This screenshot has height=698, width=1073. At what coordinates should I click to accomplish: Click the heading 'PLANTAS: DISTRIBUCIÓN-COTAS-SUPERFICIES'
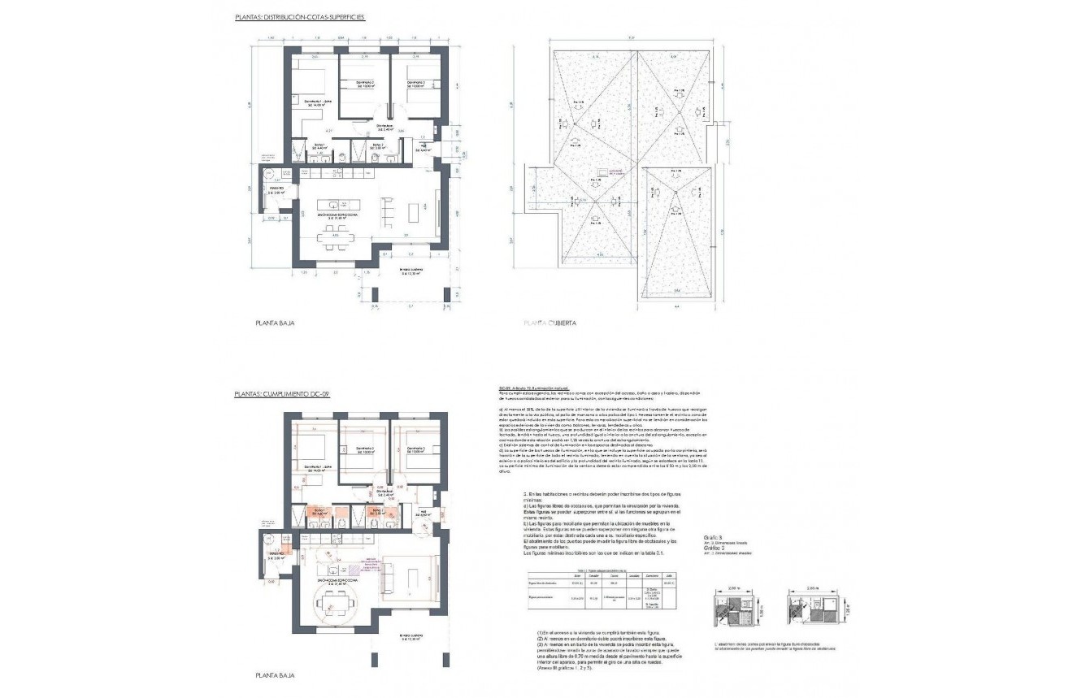click(299, 16)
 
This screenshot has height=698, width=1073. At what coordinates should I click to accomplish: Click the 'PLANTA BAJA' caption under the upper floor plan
click(275, 323)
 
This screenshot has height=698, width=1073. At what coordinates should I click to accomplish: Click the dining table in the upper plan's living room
click(334, 238)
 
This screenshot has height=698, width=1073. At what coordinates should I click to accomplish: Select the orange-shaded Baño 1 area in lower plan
click(319, 513)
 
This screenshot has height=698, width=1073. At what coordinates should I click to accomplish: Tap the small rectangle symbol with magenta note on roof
click(603, 172)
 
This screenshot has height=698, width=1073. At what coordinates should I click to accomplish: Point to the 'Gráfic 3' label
click(714, 538)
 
